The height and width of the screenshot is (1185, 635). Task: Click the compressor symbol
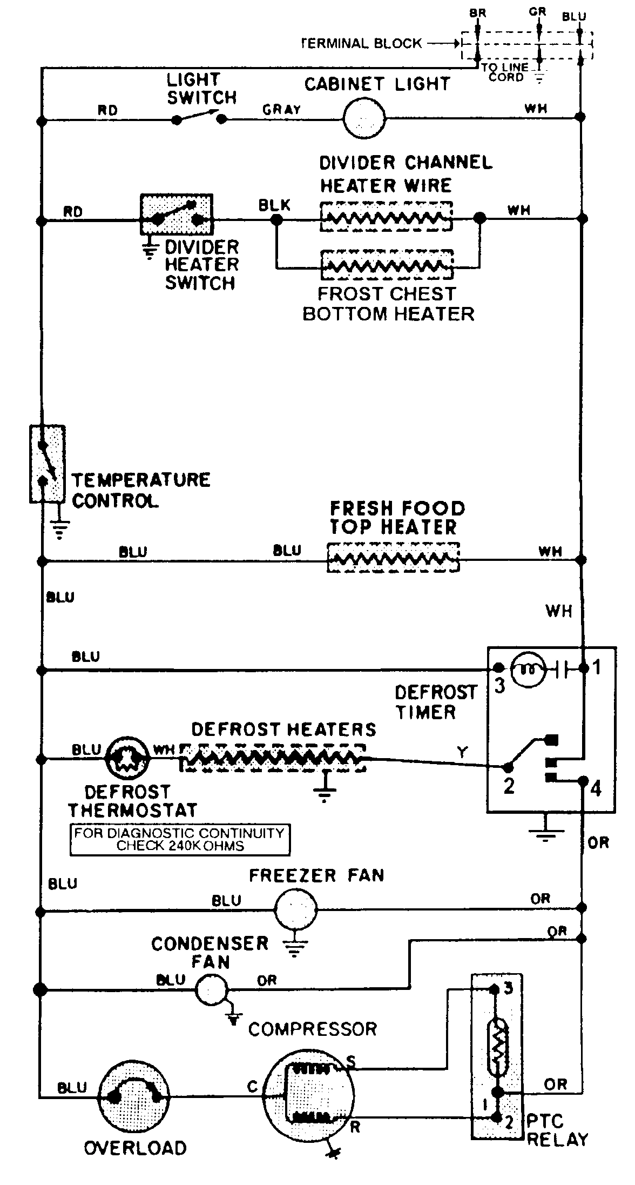coord(309,1095)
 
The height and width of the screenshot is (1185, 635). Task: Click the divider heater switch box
coord(177,215)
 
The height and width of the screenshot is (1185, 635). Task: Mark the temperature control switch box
coord(48,464)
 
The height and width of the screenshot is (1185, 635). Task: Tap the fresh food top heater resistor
coord(393,558)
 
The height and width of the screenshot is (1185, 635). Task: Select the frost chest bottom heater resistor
coord(387,264)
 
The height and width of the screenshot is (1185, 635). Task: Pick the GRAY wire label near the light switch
coord(281,110)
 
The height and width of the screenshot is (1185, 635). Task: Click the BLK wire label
coord(274,205)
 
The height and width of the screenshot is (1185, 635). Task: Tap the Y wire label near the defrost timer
coord(462,752)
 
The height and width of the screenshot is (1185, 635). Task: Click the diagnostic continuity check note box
coord(180,839)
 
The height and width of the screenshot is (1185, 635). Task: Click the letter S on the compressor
coord(350,1062)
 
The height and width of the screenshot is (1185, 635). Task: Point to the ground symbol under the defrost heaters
coord(325,792)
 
